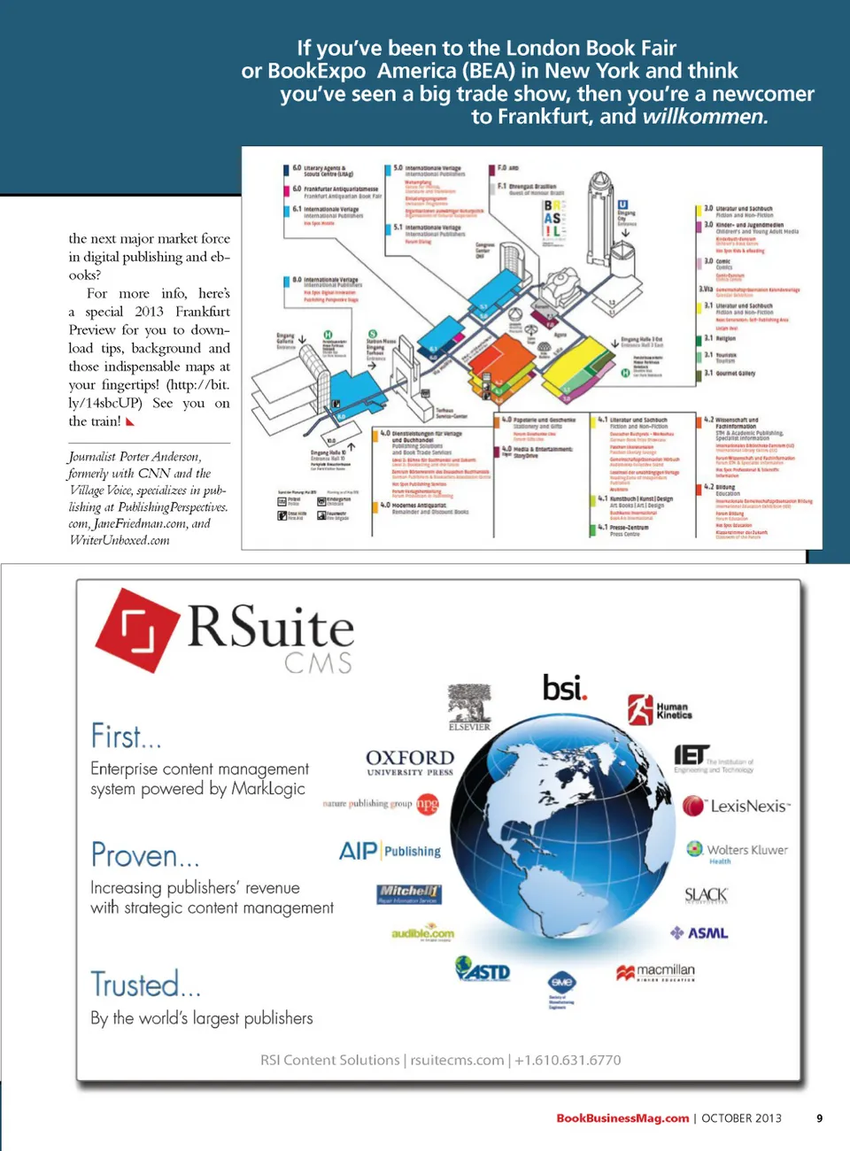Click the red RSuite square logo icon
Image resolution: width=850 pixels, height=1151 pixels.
pos(137,630)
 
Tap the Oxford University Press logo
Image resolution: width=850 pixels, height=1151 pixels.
pos(410,761)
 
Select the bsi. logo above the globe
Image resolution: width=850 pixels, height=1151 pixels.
pos(564,687)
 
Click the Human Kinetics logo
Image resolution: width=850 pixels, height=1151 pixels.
pos(660,710)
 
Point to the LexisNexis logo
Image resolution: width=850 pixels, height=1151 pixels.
pos(737,806)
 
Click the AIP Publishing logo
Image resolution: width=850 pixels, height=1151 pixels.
pos(390,851)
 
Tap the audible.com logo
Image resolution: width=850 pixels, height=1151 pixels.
pos(422,933)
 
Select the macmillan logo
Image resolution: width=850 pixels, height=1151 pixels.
pos(656,972)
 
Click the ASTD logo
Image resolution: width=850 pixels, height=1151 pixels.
pos(483,969)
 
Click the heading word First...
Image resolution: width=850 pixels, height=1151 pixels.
pos(126,736)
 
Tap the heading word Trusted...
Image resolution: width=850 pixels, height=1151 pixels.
pos(146,984)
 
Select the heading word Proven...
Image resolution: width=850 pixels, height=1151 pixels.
pos(145,855)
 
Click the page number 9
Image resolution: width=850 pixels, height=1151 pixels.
pos(819,1118)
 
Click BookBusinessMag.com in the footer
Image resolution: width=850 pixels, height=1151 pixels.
pos(622,1118)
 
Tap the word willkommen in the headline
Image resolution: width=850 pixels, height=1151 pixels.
pos(705,116)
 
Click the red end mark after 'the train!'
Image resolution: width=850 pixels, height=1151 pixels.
pos(130,422)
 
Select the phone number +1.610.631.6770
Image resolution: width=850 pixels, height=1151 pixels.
pos(568,1060)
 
